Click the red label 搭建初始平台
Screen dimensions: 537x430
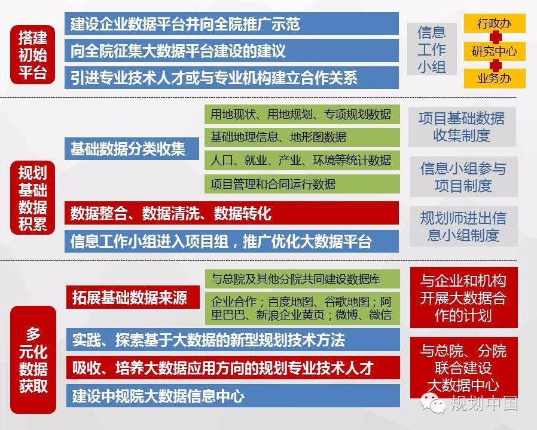tap(32, 55)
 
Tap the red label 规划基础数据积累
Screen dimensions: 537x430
tap(32, 198)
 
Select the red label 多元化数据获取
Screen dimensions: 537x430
tap(33, 360)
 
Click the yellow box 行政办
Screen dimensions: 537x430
tap(495, 23)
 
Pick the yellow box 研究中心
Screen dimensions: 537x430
tap(495, 51)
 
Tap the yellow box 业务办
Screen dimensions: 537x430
tap(495, 79)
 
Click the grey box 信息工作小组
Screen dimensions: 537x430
tap(432, 49)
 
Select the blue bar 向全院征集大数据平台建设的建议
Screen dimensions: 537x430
tap(231, 51)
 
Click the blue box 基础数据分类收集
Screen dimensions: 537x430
tap(132, 149)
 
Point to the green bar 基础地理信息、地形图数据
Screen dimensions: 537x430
tap(302, 137)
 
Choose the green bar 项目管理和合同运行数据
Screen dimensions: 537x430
tap(302, 184)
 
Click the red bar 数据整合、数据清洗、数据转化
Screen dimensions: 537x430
tap(231, 213)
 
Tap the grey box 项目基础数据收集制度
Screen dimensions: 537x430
tap(462, 127)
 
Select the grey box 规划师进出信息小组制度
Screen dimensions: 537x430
tap(463, 226)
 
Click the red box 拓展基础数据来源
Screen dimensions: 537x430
tap(133, 297)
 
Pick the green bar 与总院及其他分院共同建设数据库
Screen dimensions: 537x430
tap(302, 279)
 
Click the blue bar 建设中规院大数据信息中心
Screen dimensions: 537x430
tap(233, 396)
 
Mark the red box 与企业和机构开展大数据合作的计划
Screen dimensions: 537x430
tap(463, 297)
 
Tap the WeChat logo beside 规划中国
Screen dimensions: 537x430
tap(434, 403)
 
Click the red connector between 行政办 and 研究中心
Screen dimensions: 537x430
tap(495, 37)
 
